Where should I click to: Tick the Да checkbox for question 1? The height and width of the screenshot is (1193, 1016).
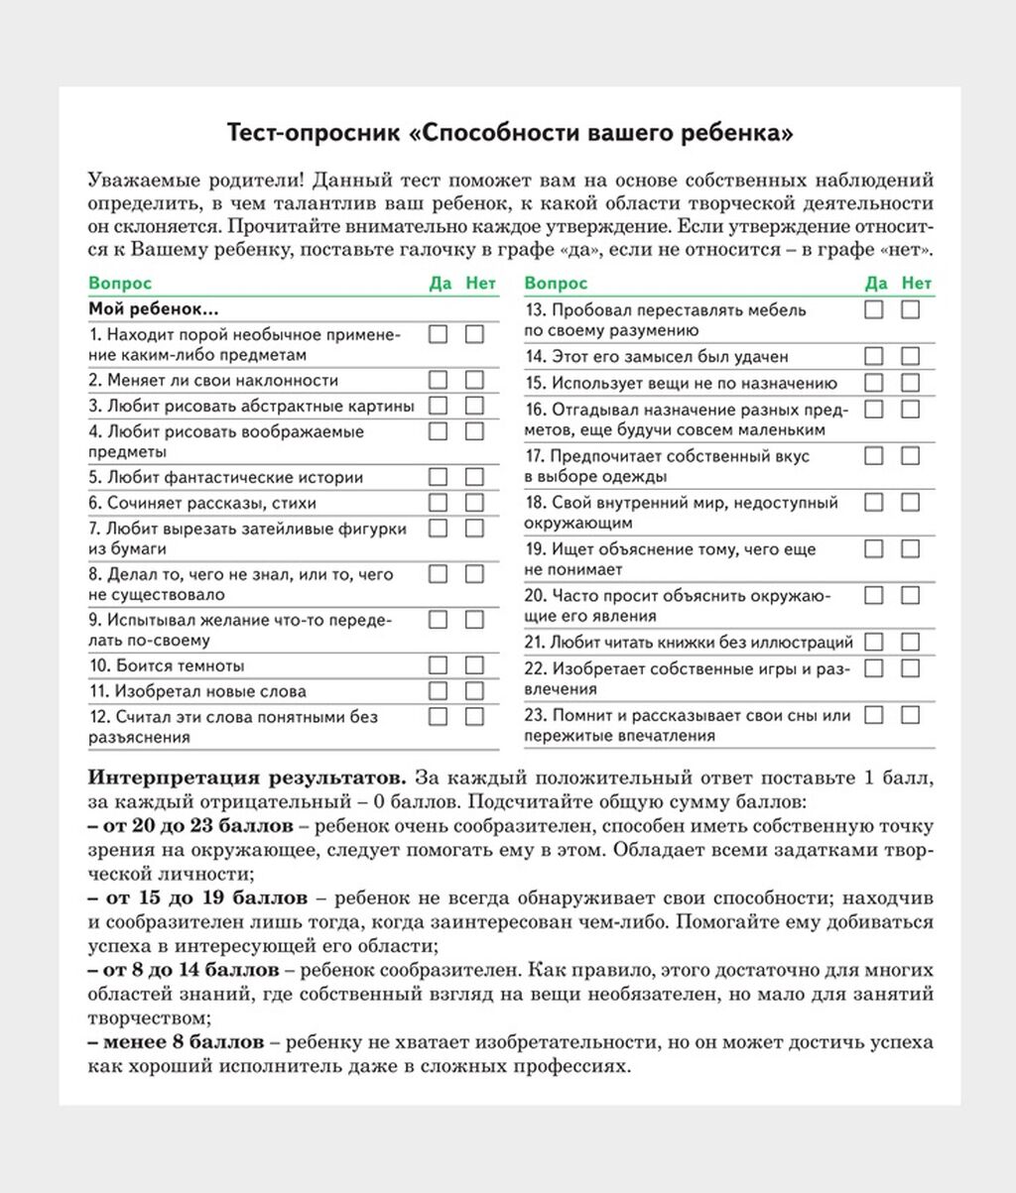tap(438, 334)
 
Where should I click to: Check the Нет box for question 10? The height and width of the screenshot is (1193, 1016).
tap(474, 664)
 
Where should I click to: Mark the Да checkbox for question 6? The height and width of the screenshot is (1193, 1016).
tap(438, 503)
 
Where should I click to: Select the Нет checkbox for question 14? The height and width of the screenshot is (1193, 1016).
tap(910, 356)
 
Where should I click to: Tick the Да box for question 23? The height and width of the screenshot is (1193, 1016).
tap(874, 714)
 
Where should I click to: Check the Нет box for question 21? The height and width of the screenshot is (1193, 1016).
tap(910, 642)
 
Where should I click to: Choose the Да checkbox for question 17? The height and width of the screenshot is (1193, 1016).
tap(874, 456)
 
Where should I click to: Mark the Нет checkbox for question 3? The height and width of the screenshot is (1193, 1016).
tap(474, 406)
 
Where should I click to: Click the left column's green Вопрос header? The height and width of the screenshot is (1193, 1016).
tap(121, 284)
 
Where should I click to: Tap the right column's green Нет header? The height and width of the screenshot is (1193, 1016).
tap(917, 284)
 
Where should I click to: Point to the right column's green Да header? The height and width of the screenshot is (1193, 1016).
tap(876, 284)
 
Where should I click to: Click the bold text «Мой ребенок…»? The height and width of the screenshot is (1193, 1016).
tap(154, 309)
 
